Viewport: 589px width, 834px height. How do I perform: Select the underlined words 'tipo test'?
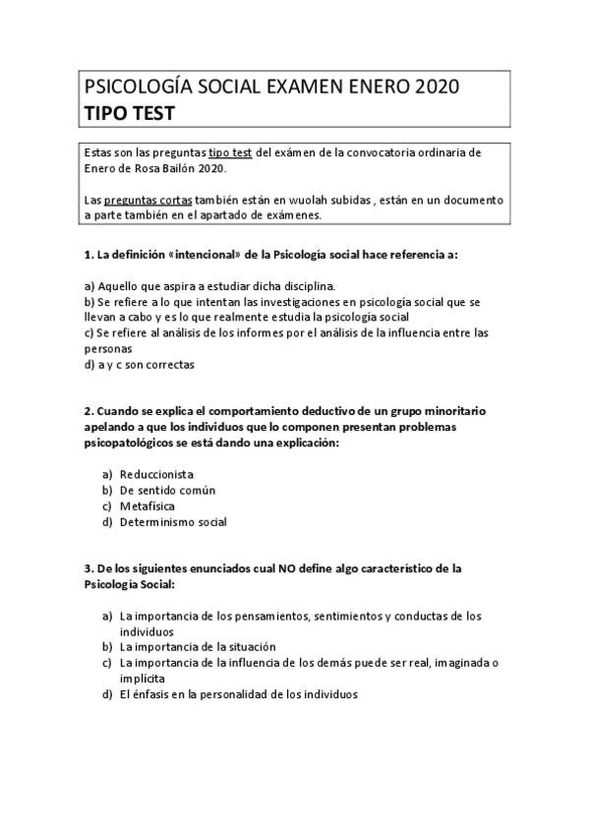click(231, 153)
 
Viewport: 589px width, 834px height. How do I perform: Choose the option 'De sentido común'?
click(167, 490)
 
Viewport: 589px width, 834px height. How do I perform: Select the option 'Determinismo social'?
click(173, 522)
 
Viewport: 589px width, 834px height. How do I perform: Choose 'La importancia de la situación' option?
click(197, 646)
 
